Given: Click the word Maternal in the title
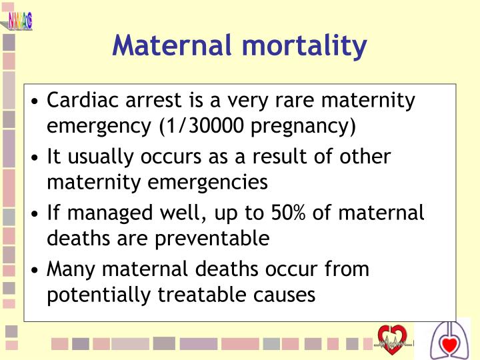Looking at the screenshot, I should click(x=172, y=45).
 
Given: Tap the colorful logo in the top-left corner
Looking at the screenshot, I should click(x=20, y=20).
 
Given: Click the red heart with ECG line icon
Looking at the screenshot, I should click(x=391, y=339).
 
